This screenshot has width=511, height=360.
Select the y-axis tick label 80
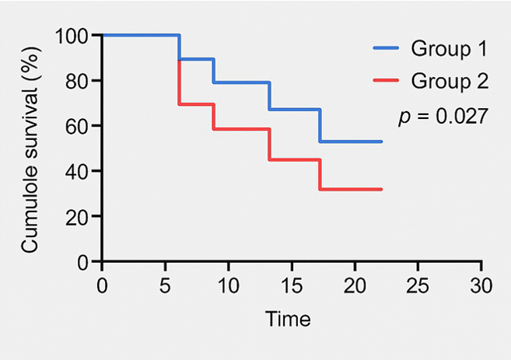(x=79, y=81)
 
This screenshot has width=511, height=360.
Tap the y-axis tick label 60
(x=79, y=126)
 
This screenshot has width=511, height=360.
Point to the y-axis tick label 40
(x=79, y=171)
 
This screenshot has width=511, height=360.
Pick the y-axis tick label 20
(x=79, y=216)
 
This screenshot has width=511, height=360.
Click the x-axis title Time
(x=288, y=319)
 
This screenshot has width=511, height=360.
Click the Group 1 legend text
(x=449, y=50)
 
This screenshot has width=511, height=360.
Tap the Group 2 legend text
(x=449, y=82)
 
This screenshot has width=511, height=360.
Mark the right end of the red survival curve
(x=382, y=189)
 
